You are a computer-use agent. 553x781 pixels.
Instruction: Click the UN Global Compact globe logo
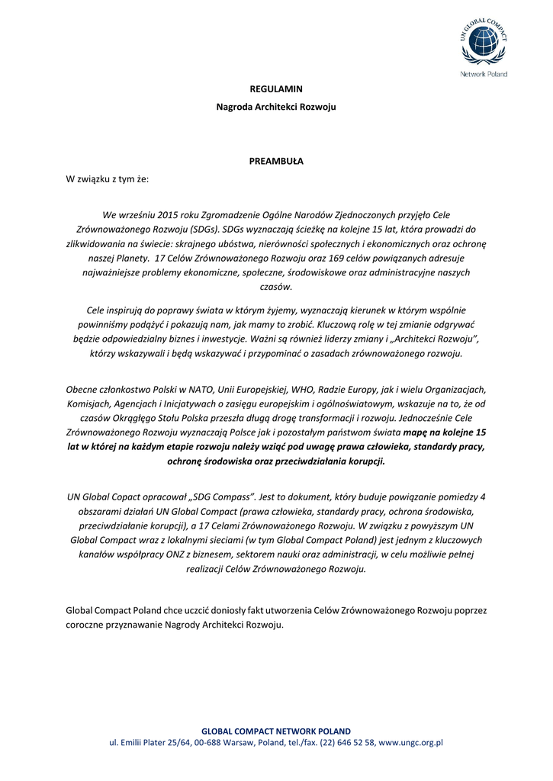click(484, 43)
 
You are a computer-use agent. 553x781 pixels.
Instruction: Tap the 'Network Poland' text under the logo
click(484, 74)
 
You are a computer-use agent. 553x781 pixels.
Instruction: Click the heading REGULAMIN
click(276, 89)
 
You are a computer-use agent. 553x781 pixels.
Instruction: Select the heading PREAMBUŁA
click(276, 161)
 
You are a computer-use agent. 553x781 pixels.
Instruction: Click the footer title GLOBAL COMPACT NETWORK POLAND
click(276, 730)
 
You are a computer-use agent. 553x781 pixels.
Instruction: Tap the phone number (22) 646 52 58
click(347, 741)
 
